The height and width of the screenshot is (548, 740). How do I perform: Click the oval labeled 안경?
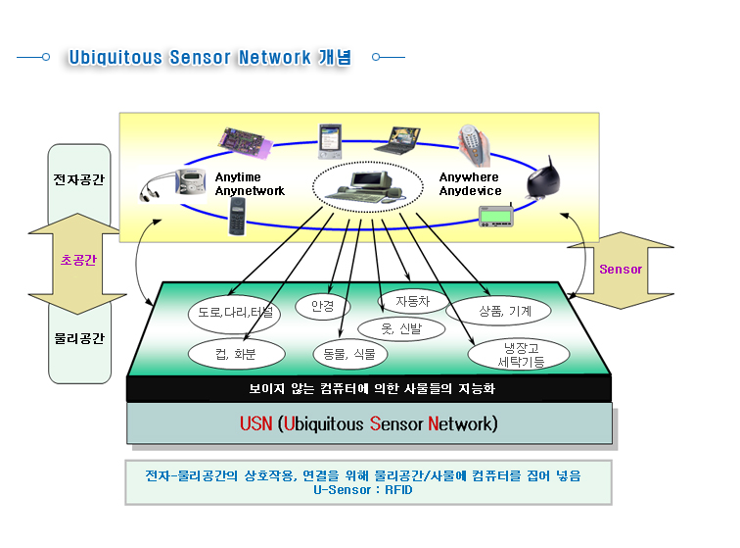point(323,307)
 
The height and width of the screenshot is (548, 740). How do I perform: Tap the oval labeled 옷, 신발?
point(401,328)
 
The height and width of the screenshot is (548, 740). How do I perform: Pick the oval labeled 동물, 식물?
point(349,354)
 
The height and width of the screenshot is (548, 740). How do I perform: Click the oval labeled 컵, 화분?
point(237,354)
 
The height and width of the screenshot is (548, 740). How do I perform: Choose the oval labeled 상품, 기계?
point(498,311)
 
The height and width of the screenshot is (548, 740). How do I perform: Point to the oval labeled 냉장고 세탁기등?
point(519,355)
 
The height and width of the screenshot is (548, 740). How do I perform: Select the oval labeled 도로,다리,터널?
point(234,313)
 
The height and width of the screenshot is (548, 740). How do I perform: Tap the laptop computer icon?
point(398,140)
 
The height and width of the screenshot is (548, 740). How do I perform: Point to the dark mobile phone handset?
point(237,216)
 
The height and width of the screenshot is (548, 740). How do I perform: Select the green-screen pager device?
point(496,215)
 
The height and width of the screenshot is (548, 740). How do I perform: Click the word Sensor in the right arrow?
point(621,269)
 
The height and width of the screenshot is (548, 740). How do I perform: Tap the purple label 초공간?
point(78,260)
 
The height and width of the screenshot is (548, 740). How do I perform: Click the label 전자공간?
point(79,179)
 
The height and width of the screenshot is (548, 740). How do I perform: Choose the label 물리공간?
point(79,338)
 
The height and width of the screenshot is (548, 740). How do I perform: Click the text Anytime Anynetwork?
point(250,184)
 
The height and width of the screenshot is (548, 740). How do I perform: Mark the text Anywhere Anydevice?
point(470,184)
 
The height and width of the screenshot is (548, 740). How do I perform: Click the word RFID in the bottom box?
point(398,490)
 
